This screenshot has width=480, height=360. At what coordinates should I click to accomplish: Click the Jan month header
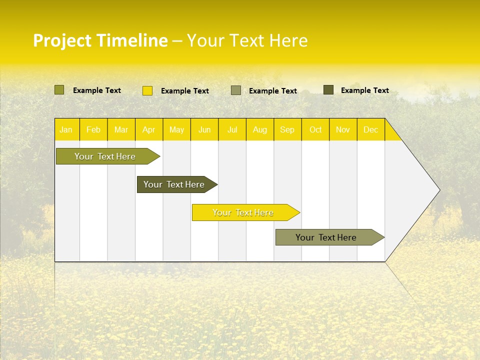pyautogui.click(x=66, y=129)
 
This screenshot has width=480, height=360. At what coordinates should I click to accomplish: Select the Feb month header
pyautogui.click(x=93, y=129)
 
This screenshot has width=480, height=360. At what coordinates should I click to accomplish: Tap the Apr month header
pyautogui.click(x=149, y=129)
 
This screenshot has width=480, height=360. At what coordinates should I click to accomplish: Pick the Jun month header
pyautogui.click(x=204, y=129)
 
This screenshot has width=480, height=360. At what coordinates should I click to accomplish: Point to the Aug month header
pyautogui.click(x=260, y=129)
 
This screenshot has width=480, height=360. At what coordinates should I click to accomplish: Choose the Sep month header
pyautogui.click(x=287, y=129)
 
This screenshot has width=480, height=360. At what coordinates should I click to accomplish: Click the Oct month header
pyautogui.click(x=315, y=129)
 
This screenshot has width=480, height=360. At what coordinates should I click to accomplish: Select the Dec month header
pyautogui.click(x=371, y=129)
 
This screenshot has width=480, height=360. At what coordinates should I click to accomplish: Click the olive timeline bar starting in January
pyautogui.click(x=105, y=156)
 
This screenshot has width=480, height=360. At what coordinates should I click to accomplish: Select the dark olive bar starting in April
pyautogui.click(x=174, y=184)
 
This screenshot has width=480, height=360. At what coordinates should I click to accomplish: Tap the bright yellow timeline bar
pyautogui.click(x=243, y=212)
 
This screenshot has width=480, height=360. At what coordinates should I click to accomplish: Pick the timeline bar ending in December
pyautogui.click(x=326, y=237)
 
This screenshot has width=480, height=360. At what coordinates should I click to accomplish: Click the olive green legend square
pyautogui.click(x=59, y=90)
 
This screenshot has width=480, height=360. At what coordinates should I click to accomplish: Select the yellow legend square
pyautogui.click(x=147, y=90)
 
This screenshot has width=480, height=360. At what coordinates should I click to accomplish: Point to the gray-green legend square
pyautogui.click(x=236, y=90)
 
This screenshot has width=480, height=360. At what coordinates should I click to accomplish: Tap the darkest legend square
pyautogui.click(x=328, y=90)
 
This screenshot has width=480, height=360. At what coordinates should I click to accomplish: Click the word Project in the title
pyautogui.click(x=62, y=40)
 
